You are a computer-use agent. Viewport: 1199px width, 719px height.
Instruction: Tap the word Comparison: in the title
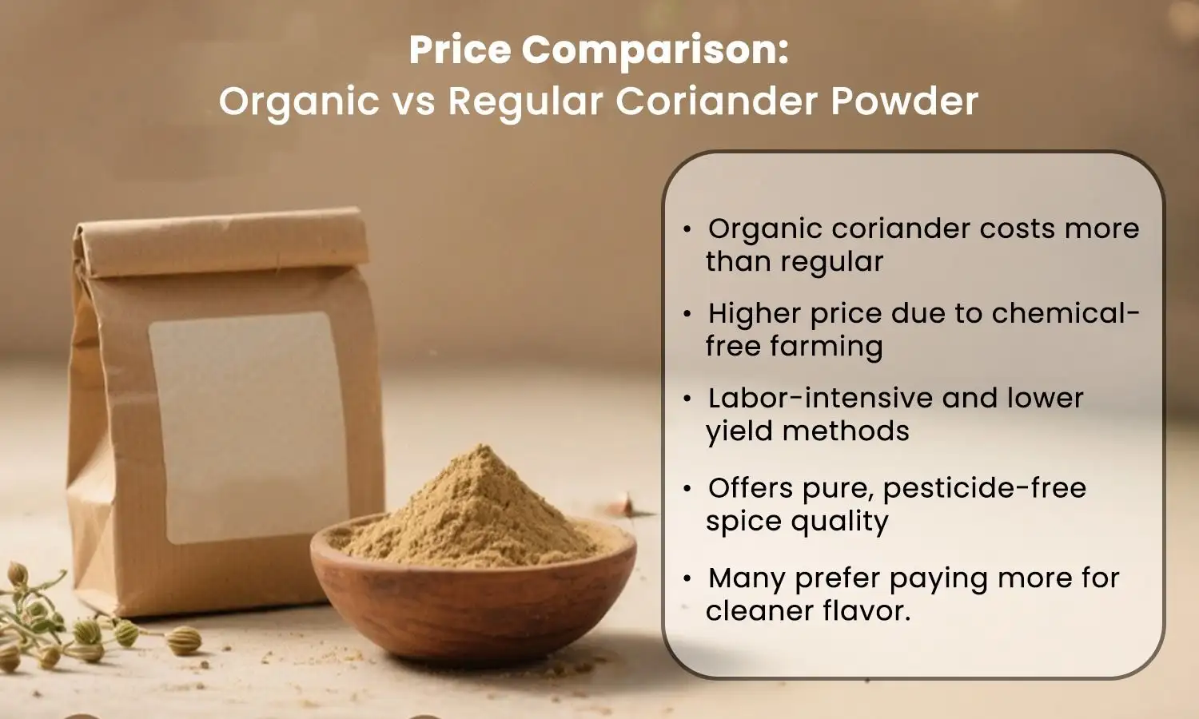pyautogui.click(x=655, y=50)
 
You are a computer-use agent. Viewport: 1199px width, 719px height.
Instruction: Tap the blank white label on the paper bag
pyautogui.click(x=249, y=427)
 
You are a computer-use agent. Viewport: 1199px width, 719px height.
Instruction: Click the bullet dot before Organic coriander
pyautogui.click(x=687, y=229)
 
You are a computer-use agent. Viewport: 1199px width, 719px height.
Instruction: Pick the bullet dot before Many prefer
pyautogui.click(x=687, y=578)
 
